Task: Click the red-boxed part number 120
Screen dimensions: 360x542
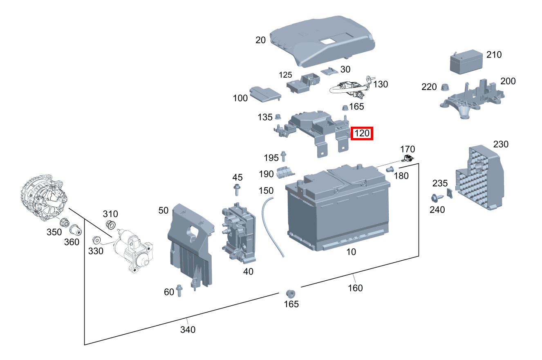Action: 362,133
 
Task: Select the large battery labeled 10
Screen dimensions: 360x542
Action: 338,208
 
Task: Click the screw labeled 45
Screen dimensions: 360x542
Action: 237,190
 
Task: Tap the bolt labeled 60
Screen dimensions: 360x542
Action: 179,290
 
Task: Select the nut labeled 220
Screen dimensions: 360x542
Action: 445,87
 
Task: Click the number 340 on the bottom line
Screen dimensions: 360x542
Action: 188,329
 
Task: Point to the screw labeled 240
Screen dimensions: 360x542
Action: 436,198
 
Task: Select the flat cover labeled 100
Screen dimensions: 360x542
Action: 264,94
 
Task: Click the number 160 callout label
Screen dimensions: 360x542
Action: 355,288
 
